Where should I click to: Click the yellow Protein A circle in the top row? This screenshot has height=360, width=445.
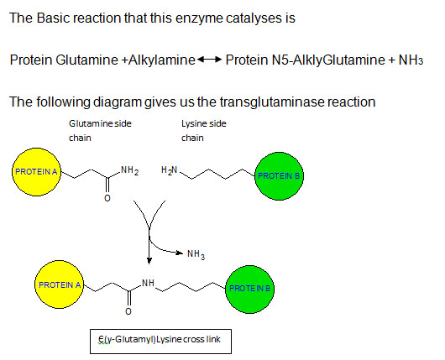point(36,172)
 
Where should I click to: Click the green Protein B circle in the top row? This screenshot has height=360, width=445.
point(279,176)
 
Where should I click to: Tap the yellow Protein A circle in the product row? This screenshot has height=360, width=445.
point(59,284)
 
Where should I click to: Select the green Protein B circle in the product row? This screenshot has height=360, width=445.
point(249,289)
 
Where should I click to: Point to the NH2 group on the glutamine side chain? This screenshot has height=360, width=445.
point(129,170)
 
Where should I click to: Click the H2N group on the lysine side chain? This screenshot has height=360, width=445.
point(169,170)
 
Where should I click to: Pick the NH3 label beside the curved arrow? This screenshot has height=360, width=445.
point(196,254)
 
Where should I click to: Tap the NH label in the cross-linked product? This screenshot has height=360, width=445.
point(148,283)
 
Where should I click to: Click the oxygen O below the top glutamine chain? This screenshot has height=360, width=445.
point(107,198)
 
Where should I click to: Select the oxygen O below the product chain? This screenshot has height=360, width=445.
point(128,311)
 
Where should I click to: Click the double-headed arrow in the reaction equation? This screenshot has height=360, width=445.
point(209,60)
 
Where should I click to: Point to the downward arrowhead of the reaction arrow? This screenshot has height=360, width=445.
point(149,261)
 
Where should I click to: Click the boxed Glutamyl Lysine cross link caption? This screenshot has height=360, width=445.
point(160,342)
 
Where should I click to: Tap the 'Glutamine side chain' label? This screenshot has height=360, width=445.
point(100,131)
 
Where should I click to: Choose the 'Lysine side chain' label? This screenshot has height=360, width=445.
point(204,131)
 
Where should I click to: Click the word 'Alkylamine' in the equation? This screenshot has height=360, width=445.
point(162,60)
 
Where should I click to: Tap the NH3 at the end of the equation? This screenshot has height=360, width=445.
point(411,60)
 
